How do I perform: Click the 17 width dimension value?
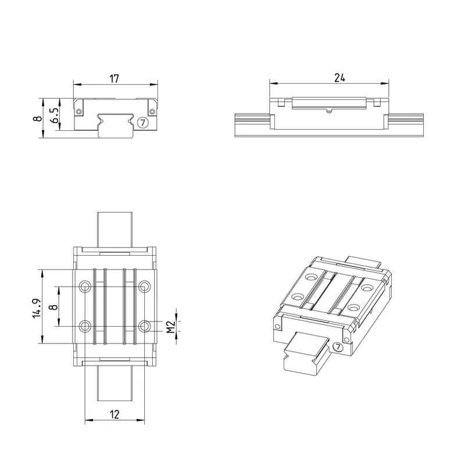pos(114,79)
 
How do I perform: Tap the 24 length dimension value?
pos(339,78)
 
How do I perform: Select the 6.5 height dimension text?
pos(55,115)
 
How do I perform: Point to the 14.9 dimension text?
pos(37,309)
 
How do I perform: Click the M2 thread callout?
pos(170,327)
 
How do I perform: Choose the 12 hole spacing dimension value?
pos(114,414)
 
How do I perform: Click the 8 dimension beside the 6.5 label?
pos(38,119)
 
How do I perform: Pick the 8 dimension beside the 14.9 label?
pos(54,307)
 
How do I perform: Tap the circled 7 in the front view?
pos(143,122)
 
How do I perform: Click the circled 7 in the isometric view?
pos(338,346)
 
